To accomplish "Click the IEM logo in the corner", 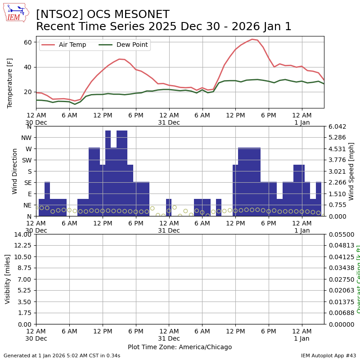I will click(16, 13).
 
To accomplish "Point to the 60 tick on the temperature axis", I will click(27, 42).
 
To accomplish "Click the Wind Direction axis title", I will click(15, 171).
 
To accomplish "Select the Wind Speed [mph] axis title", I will click(351, 171).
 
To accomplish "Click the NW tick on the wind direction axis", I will click(26, 138).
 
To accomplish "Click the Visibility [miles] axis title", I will click(8, 279).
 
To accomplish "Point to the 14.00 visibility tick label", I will click(23, 234).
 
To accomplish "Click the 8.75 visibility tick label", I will click(25, 268).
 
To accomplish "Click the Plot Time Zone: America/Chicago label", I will click(180, 347).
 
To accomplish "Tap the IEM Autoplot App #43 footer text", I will click(328, 355).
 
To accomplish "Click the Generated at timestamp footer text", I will click(62, 355).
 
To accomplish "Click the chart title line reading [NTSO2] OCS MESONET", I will click(103, 15).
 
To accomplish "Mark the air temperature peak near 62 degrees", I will click(252, 39).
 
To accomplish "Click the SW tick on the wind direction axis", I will click(26, 160).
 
